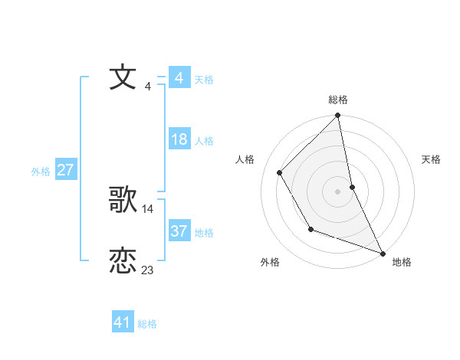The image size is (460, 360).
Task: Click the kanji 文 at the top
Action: pyautogui.click(x=123, y=78)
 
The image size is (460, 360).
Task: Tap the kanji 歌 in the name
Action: pyautogui.click(x=123, y=201)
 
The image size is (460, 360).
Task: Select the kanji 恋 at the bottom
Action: pyautogui.click(x=123, y=261)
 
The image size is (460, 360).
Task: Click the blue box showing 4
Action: pyautogui.click(x=179, y=78)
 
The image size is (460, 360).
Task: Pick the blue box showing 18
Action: pyautogui.click(x=179, y=139)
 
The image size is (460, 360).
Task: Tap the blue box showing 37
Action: pyautogui.click(x=179, y=231)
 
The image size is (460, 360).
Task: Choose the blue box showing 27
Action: pyautogui.click(x=65, y=170)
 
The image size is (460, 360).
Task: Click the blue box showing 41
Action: pyautogui.click(x=123, y=322)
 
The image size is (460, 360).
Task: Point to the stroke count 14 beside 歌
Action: pyautogui.click(x=148, y=208)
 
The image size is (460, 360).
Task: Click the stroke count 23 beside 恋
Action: pyautogui.click(x=148, y=270)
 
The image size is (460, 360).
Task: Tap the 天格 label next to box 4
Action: pyautogui.click(x=204, y=80)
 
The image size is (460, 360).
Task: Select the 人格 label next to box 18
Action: pyautogui.click(x=204, y=141)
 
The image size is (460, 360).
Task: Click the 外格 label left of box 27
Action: pyautogui.click(x=41, y=172)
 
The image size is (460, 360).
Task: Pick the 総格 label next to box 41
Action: pyautogui.click(x=147, y=324)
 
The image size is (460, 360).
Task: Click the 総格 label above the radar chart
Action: pyautogui.click(x=338, y=100)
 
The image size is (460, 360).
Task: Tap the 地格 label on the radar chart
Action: pyautogui.click(x=402, y=262)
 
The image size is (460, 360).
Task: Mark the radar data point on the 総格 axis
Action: pyautogui.click(x=338, y=116)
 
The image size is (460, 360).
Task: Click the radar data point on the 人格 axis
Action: pyautogui.click(x=280, y=172)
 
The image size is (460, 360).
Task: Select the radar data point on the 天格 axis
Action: pyautogui.click(x=352, y=187)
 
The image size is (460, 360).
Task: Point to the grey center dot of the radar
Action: pyautogui.click(x=338, y=191)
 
